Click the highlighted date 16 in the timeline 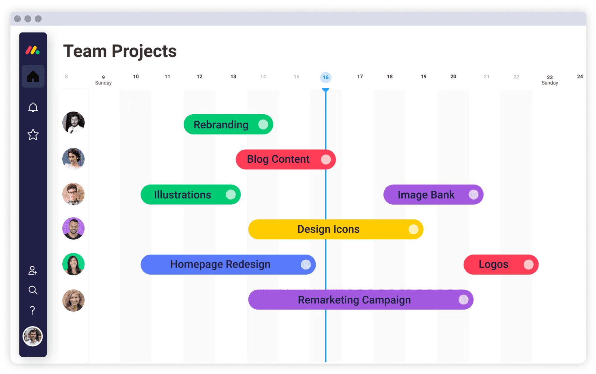[326, 77]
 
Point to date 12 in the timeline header [199, 77]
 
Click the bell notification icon [33, 107]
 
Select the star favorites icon [33, 135]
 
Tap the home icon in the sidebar [33, 76]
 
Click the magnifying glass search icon [33, 290]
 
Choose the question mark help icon [33, 310]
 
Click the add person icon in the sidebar [33, 270]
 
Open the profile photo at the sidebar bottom [33, 336]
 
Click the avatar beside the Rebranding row [73, 123]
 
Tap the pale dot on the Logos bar [528, 265]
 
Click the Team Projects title [120, 51]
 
